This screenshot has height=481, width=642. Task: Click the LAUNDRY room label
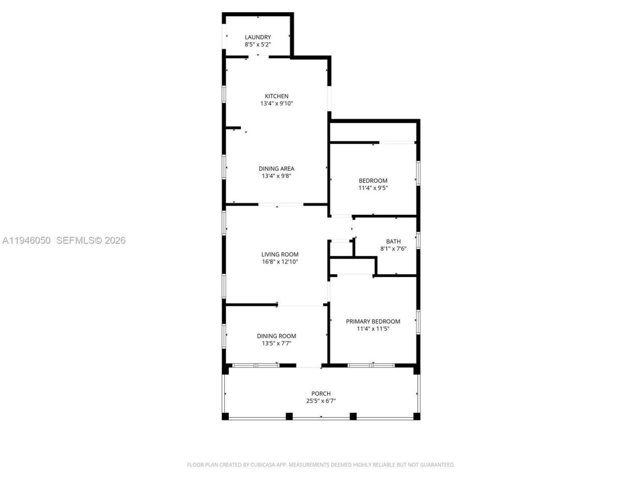pos(258,37)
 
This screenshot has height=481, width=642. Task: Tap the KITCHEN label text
pos(276,96)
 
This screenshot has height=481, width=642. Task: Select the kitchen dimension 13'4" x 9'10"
pos(276,104)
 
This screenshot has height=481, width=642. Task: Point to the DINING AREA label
pos(276,169)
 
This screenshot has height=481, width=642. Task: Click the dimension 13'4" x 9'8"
pos(276,176)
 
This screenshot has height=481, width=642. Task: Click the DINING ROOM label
pos(276,336)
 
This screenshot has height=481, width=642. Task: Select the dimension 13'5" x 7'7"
pos(276,344)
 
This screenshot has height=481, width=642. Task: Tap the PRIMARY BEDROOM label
pos(373,322)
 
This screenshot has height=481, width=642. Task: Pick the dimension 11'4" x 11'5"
pos(373,329)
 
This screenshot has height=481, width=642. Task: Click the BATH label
pos(393,242)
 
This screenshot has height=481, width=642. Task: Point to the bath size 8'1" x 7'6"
pos(393,249)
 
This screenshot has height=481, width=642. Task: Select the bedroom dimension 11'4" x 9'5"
pos(373,188)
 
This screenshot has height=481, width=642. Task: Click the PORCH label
pos(321,394)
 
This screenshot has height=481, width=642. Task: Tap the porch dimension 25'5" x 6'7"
pos(321,401)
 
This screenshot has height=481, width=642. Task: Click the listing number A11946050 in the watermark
pos(27,241)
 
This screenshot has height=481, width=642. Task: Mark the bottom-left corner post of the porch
pos(225,416)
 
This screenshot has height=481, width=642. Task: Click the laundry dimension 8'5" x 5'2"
pos(258,45)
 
